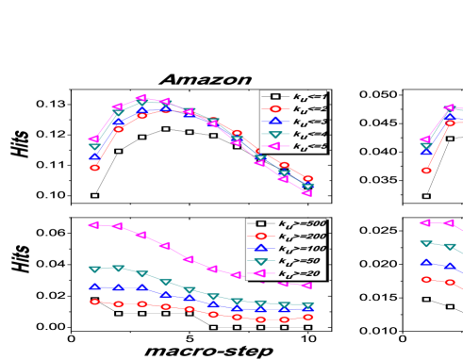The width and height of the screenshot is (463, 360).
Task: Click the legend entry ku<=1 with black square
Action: click(x=292, y=96)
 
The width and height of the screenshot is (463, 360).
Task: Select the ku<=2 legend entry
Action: click(x=292, y=109)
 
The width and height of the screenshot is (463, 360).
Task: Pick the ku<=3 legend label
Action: click(x=292, y=122)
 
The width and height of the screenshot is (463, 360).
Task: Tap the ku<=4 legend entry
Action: click(x=292, y=134)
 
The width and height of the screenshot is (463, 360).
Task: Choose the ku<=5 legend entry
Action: click(x=292, y=146)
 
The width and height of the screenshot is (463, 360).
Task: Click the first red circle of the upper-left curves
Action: click(x=94, y=168)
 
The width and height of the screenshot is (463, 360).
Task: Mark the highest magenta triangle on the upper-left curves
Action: click(x=142, y=98)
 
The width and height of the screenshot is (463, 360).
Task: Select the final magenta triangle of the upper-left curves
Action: click(x=307, y=192)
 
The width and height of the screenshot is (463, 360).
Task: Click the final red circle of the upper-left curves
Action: click(x=307, y=178)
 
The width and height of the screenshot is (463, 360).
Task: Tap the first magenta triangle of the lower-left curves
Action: click(x=94, y=225)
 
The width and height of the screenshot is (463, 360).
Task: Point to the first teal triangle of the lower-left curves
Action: click(x=94, y=270)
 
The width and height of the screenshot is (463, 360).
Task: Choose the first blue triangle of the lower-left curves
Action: click(x=94, y=286)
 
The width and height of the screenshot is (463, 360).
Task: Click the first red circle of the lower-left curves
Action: click(x=94, y=302)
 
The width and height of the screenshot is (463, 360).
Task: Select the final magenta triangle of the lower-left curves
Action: click(x=307, y=285)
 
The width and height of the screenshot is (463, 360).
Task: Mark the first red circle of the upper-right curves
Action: click(x=426, y=171)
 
